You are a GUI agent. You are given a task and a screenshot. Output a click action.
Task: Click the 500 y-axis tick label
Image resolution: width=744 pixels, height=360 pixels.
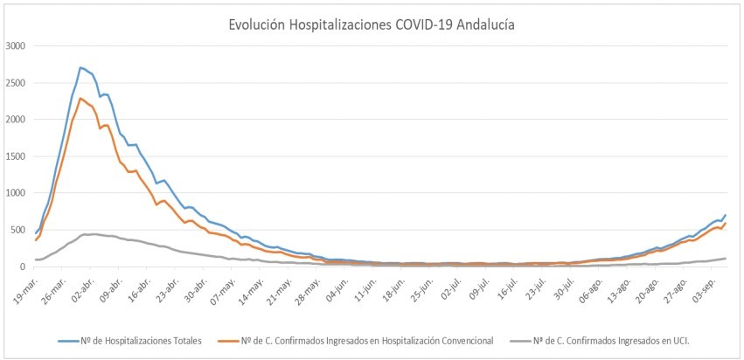coord(18,230)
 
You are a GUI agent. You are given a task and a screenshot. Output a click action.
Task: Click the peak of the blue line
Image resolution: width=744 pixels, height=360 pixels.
coord(80,67)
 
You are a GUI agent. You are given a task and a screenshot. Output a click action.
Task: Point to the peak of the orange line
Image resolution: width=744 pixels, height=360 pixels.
coord(80,98)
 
